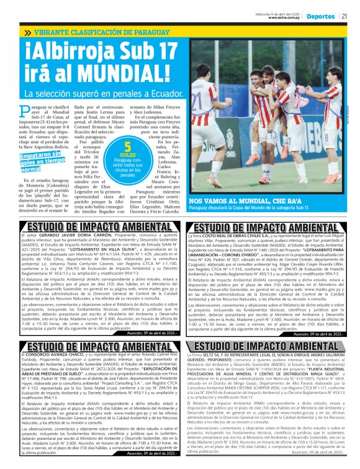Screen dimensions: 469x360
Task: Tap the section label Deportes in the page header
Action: [321, 17]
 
